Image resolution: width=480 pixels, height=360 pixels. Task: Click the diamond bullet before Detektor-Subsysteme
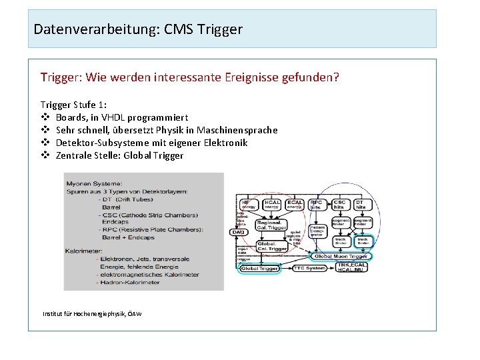pyautogui.click(x=45, y=143)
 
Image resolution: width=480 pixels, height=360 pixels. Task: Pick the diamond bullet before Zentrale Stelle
pyautogui.click(x=45, y=155)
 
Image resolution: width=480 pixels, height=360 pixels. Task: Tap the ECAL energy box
pyautogui.click(x=294, y=205)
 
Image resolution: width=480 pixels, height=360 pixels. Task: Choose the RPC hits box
pyautogui.click(x=315, y=205)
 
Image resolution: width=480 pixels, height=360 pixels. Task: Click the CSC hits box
pyautogui.click(x=339, y=205)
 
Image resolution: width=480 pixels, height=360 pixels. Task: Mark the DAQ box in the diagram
pyautogui.click(x=237, y=232)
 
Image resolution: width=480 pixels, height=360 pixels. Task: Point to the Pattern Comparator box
pyautogui.click(x=317, y=231)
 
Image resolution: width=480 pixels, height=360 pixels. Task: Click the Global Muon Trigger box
pyautogui.click(x=341, y=256)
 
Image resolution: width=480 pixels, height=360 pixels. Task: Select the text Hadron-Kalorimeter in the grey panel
pyautogui.click(x=131, y=282)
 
